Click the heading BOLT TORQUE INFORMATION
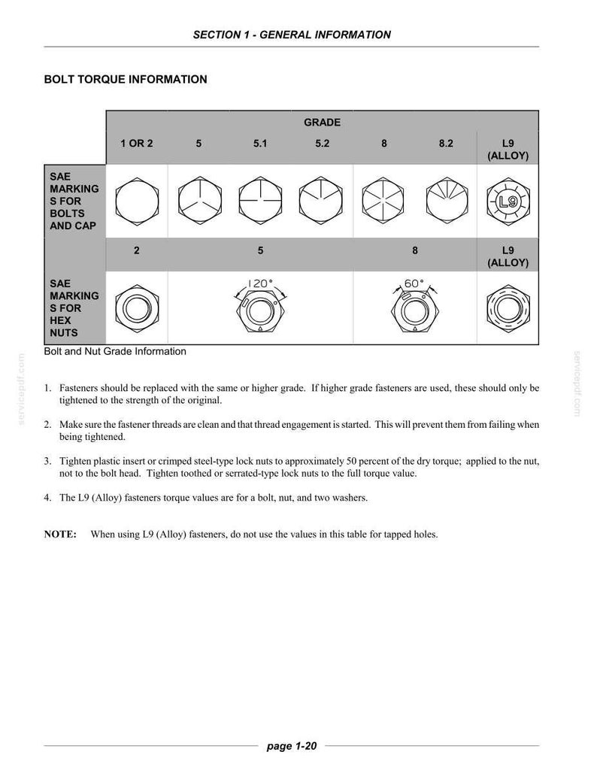tap(126, 80)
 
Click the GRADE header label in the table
tap(322, 123)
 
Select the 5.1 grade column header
tap(260, 144)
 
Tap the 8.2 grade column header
tap(446, 144)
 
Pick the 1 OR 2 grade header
tap(137, 144)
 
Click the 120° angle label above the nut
tap(260, 283)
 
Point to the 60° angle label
tap(414, 283)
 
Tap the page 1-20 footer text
tap(291, 746)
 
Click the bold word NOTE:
tap(60, 535)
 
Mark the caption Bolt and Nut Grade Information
tap(115, 351)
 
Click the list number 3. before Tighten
tap(47, 462)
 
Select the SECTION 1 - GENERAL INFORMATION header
tap(292, 35)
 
